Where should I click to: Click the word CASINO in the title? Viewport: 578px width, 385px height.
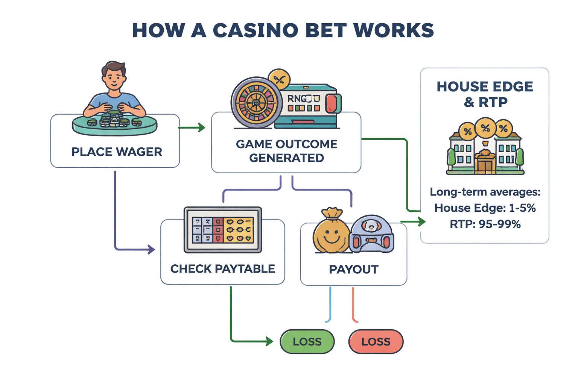pyautogui.click(x=256, y=30)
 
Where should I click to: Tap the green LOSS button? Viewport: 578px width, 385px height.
pyautogui.click(x=307, y=341)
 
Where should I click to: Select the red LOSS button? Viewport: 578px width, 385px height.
pyautogui.click(x=376, y=341)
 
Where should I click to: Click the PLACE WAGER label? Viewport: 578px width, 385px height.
pyautogui.click(x=117, y=152)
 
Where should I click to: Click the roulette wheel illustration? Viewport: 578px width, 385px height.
pyautogui.click(x=256, y=102)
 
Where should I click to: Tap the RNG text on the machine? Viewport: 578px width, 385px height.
pyautogui.click(x=297, y=99)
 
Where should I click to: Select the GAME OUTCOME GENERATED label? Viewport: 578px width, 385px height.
pyautogui.click(x=286, y=151)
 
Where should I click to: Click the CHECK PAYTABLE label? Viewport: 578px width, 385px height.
pyautogui.click(x=222, y=269)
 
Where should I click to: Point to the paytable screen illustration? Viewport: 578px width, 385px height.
pyautogui.click(x=223, y=230)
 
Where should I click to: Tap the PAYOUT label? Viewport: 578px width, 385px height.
pyautogui.click(x=353, y=269)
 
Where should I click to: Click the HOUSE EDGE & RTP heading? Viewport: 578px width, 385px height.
pyautogui.click(x=485, y=94)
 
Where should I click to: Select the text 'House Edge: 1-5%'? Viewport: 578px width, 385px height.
pyautogui.click(x=485, y=208)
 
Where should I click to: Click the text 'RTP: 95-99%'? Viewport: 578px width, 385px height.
pyautogui.click(x=485, y=224)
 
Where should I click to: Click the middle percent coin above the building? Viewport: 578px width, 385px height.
pyautogui.click(x=485, y=128)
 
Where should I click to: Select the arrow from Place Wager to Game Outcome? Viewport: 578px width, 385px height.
pyautogui.click(x=192, y=128)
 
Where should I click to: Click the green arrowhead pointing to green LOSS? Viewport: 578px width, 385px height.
pyautogui.click(x=269, y=341)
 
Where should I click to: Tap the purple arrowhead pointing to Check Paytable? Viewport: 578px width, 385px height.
pyautogui.click(x=151, y=249)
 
